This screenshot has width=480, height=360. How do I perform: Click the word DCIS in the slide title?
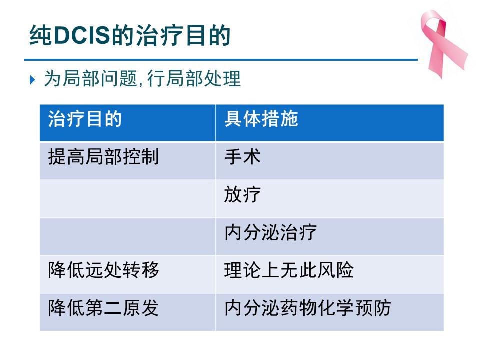pyautogui.click(x=81, y=35)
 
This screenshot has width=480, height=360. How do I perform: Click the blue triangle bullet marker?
pyautogui.click(x=33, y=80)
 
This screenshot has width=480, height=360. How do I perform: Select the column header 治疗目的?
pyautogui.click(x=85, y=119)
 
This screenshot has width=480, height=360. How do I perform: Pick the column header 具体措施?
pyautogui.click(x=261, y=119)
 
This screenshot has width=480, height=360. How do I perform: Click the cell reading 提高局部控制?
pyautogui.click(x=103, y=157)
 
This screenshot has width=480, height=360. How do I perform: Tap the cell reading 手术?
pyautogui.click(x=242, y=157)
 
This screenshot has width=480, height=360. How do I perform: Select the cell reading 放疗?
pyautogui.click(x=242, y=194)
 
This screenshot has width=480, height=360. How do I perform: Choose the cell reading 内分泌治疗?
pyautogui.click(x=270, y=232)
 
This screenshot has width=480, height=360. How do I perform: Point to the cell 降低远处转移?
pyautogui.click(x=103, y=270)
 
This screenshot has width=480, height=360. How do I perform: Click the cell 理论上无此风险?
pyautogui.click(x=289, y=270)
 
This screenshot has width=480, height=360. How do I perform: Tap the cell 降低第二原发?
pyautogui.click(x=103, y=308)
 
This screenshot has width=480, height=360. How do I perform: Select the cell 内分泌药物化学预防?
pyautogui.click(x=307, y=308)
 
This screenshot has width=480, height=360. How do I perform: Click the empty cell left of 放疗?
pyautogui.click(x=127, y=198)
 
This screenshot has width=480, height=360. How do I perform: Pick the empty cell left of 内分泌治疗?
pyautogui.click(x=127, y=236)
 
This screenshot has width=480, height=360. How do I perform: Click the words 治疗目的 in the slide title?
pyautogui.click(x=183, y=35)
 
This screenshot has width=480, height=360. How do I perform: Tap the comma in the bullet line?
pyautogui.click(x=141, y=83)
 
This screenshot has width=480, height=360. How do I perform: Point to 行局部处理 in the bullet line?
pyautogui.click(x=194, y=79)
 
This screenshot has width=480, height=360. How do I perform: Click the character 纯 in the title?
pyautogui.click(x=40, y=35)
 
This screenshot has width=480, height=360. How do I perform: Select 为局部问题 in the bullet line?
pyautogui.click(x=91, y=79)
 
